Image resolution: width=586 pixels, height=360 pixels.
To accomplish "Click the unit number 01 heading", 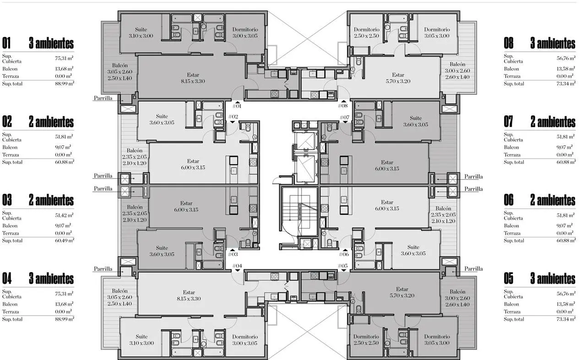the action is click(6, 43).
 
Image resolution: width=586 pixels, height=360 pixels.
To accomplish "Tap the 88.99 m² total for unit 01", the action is click(65, 84).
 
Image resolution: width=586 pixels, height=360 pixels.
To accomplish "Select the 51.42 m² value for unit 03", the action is click(64, 215).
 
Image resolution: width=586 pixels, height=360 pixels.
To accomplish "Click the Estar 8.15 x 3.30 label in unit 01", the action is click(193, 78).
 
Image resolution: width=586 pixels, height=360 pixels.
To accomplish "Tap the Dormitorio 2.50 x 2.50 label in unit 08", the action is click(366, 32).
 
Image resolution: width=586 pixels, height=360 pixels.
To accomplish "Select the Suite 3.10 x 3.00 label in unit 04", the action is click(141, 340).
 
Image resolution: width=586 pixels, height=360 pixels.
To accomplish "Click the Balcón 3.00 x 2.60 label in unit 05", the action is click(457, 298).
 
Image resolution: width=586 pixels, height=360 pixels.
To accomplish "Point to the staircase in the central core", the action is click(299, 212).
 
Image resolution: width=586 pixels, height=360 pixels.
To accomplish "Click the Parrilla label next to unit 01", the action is click(103, 98).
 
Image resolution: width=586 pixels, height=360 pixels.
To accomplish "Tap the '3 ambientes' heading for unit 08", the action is click(553, 43).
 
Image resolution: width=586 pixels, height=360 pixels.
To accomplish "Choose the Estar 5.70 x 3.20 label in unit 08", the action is click(398, 78).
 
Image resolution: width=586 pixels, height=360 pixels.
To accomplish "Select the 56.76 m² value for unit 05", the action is click(566, 294).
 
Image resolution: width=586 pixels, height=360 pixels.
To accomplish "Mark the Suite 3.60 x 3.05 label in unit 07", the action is click(415, 121).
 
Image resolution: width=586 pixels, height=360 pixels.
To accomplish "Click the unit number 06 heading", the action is click(509, 200).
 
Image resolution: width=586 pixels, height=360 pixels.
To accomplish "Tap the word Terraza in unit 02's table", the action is click(11, 155).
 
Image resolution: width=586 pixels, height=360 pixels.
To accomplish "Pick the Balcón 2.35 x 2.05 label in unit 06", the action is click(443, 215).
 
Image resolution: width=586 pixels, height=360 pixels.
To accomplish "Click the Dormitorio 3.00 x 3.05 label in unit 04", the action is click(245, 340).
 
